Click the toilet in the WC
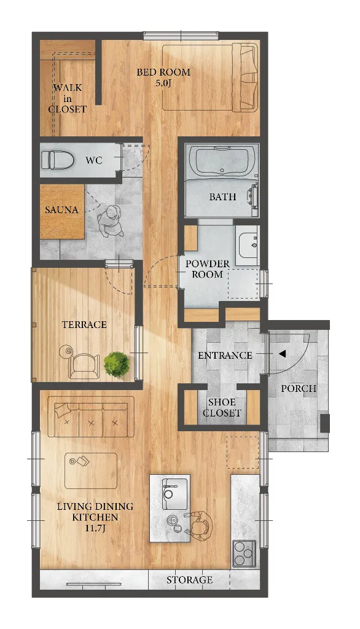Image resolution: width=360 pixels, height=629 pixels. (58, 160)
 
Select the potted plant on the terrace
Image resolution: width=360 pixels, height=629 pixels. (117, 364)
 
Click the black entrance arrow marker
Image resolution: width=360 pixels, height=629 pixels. (282, 354)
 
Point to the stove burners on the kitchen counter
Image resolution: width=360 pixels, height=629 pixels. (245, 553)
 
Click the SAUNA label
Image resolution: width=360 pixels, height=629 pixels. (61, 210)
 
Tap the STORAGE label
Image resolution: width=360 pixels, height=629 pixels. (189, 580)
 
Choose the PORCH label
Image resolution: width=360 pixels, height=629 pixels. (299, 388)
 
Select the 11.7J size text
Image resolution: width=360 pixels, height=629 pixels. (95, 528)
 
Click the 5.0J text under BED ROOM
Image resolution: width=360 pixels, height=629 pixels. (163, 84)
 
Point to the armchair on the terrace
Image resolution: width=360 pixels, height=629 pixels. (84, 366)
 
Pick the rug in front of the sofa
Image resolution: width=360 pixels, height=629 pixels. (91, 471)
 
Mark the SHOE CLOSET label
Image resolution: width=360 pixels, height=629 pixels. (222, 408)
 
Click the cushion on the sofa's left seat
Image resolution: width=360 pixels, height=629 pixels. (63, 410)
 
